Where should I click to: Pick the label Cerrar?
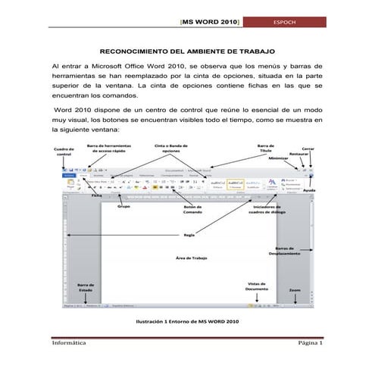coord(308,148)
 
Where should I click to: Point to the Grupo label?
coord(125,205)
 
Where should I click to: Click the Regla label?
coord(189,234)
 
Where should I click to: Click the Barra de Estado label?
coord(86,289)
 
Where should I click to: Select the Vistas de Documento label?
coord(256,286)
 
